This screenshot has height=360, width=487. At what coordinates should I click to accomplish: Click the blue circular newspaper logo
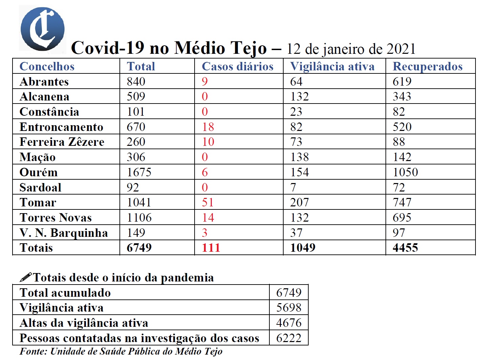click(42, 29)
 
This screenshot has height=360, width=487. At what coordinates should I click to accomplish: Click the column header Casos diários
click(238, 66)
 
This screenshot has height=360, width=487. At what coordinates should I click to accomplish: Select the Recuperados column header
click(427, 66)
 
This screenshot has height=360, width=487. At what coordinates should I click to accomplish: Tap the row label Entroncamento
click(61, 127)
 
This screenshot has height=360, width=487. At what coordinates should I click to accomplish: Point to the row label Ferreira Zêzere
click(62, 142)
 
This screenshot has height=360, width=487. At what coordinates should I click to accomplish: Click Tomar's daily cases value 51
click(208, 202)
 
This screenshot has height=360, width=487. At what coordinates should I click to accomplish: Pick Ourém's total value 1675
click(139, 172)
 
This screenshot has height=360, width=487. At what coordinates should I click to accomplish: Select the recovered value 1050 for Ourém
click(405, 172)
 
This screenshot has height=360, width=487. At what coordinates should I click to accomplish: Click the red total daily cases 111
click(211, 248)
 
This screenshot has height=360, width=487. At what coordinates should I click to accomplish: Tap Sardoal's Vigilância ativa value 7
click(293, 187)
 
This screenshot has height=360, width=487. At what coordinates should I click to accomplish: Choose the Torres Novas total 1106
click(139, 218)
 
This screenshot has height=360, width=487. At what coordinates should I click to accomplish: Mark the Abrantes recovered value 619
click(402, 82)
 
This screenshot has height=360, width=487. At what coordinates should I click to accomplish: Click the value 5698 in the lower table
click(289, 308)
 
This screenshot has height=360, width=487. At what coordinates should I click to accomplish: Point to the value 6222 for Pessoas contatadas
click(289, 338)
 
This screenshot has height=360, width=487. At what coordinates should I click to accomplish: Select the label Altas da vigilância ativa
click(84, 323)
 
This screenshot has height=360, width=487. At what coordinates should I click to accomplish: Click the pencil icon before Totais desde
click(26, 277)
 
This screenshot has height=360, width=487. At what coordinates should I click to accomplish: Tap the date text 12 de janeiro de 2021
click(351, 49)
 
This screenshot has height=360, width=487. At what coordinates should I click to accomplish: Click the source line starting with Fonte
click(121, 352)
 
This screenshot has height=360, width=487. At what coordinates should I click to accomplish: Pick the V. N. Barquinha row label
click(64, 233)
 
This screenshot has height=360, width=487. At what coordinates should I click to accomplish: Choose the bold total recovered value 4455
click(405, 248)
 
